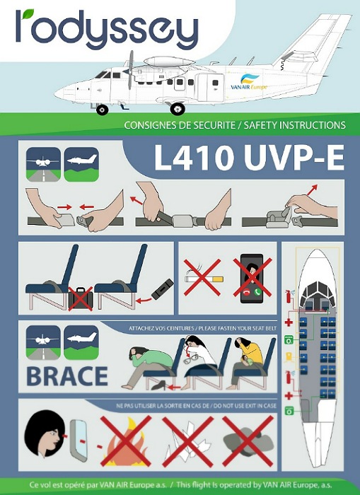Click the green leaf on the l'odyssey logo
coord(29,13)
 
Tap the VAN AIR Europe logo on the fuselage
coord(249,82)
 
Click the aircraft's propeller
coord(130,70)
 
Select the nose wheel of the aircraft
coord(102,110)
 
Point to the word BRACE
coord(67,376)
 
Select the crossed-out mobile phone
coord(252,278)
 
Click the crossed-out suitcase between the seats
coord(81,298)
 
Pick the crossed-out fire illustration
coord(126,441)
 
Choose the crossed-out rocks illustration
coord(248,441)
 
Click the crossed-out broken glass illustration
coord(188,441)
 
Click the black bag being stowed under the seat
coord(162,289)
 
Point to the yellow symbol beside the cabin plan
coord(289,356)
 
